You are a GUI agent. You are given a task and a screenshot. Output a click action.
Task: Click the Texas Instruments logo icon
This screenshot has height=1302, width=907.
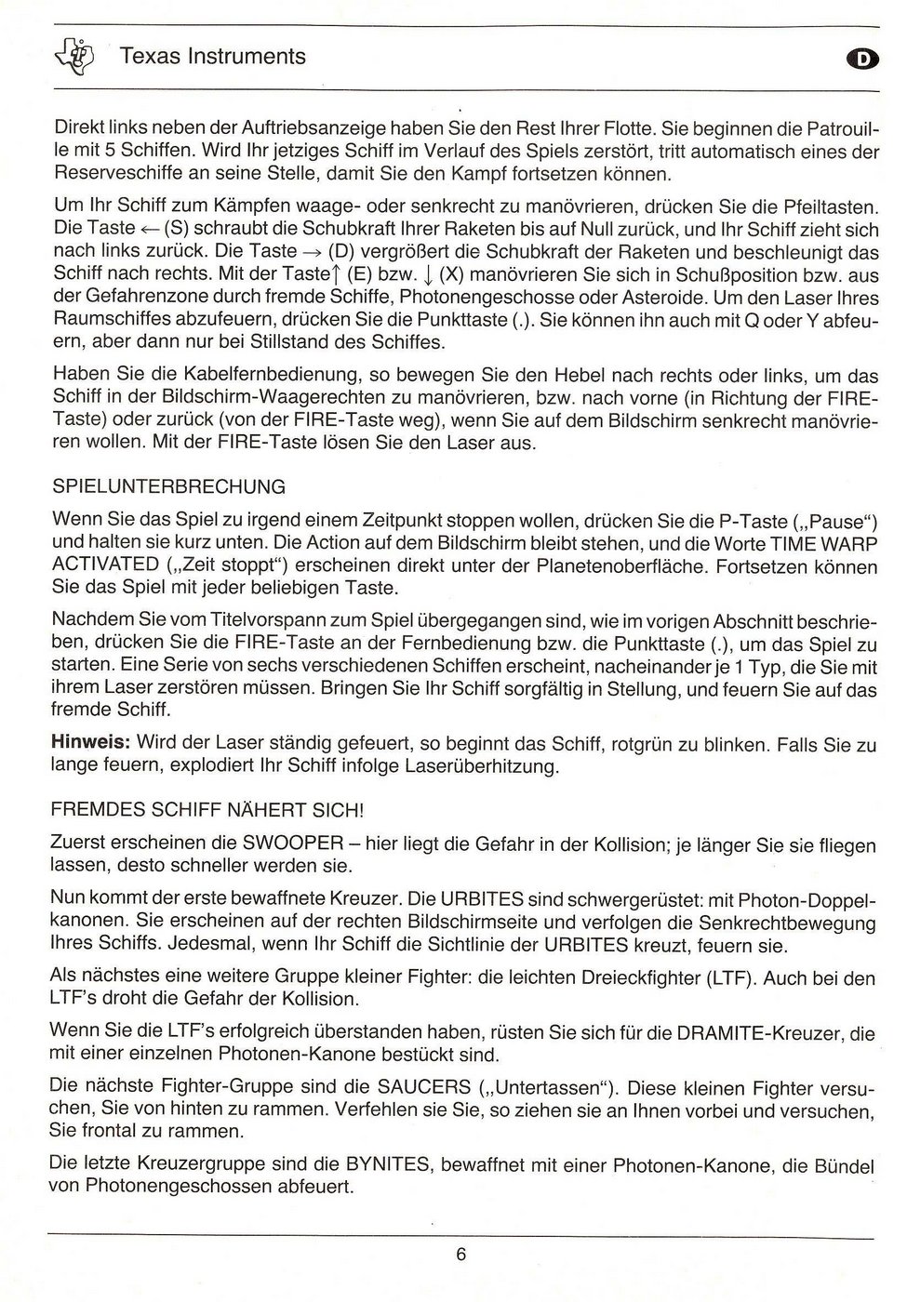[x=80, y=55]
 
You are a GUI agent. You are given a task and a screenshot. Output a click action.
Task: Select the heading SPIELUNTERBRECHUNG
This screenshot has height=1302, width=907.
[x=169, y=486]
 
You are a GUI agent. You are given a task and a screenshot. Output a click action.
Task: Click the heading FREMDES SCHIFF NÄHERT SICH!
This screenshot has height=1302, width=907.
[x=207, y=810]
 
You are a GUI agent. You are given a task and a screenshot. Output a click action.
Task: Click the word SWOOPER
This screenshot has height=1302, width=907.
[x=293, y=844]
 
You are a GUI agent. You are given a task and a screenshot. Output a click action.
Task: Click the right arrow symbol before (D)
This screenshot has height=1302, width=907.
[x=311, y=252]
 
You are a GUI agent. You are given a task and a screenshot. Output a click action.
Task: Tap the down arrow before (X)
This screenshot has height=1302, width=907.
[x=426, y=275]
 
